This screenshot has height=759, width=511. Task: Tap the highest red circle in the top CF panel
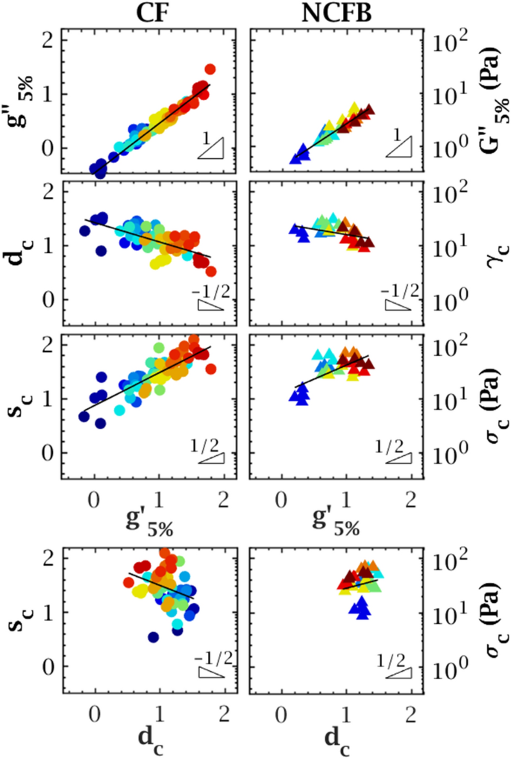click(210, 69)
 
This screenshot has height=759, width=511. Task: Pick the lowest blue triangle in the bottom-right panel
click(363, 613)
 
